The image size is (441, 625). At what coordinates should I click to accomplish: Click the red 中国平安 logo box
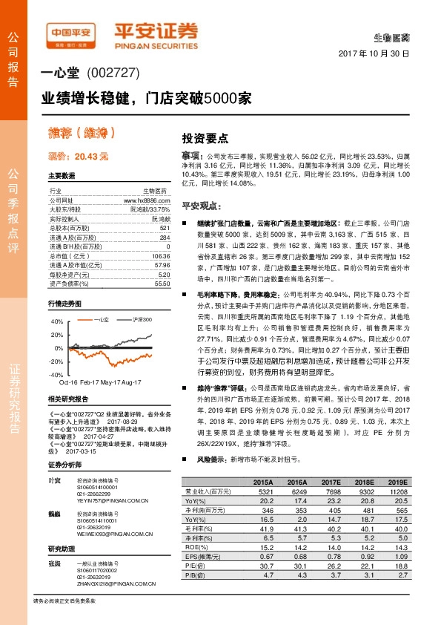point(70,33)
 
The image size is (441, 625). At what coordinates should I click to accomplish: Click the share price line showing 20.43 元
point(78,157)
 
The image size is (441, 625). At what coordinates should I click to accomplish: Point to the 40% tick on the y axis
point(58,322)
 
